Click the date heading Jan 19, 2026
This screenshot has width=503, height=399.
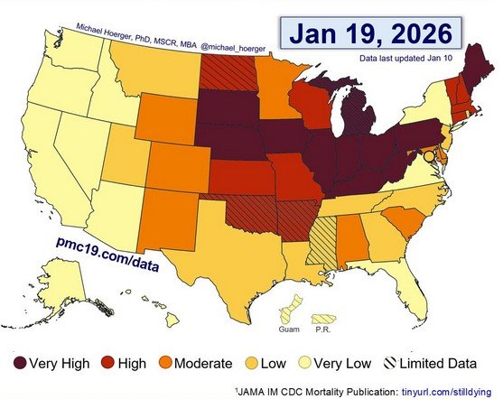click(x=369, y=33)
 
